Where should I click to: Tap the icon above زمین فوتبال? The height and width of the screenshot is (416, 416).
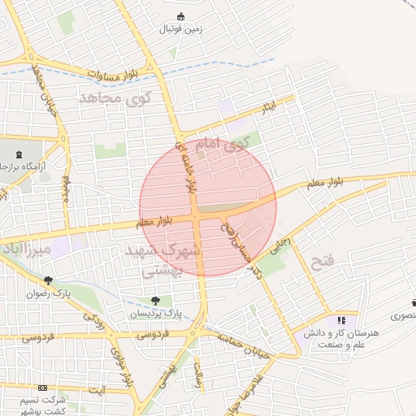(180, 16)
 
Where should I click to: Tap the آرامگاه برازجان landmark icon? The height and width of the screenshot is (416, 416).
(19, 153)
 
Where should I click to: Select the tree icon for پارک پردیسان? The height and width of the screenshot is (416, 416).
(155, 301)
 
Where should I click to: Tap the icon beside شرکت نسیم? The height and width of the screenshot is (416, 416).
(42, 388)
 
